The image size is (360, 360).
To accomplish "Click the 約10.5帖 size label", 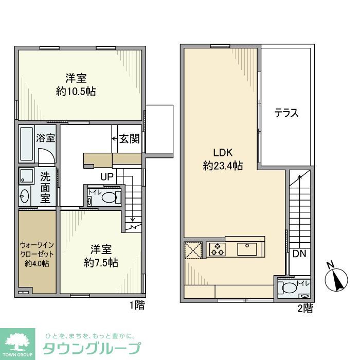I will (x=76, y=92).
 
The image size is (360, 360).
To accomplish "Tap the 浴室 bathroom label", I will (x=46, y=138).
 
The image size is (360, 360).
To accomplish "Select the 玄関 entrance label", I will (x=130, y=138).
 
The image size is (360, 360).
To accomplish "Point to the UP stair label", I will (x=107, y=177).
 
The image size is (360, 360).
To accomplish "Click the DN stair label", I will (x=299, y=254).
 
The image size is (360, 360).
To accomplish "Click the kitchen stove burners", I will (x=216, y=249).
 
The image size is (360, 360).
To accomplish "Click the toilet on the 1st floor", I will (x=109, y=197).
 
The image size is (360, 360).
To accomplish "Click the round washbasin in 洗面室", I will (x=25, y=195).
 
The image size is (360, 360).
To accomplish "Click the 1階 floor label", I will (x=137, y=305).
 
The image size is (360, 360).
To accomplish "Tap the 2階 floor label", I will (x=305, y=309).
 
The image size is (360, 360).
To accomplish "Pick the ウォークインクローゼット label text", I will (x=37, y=250).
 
